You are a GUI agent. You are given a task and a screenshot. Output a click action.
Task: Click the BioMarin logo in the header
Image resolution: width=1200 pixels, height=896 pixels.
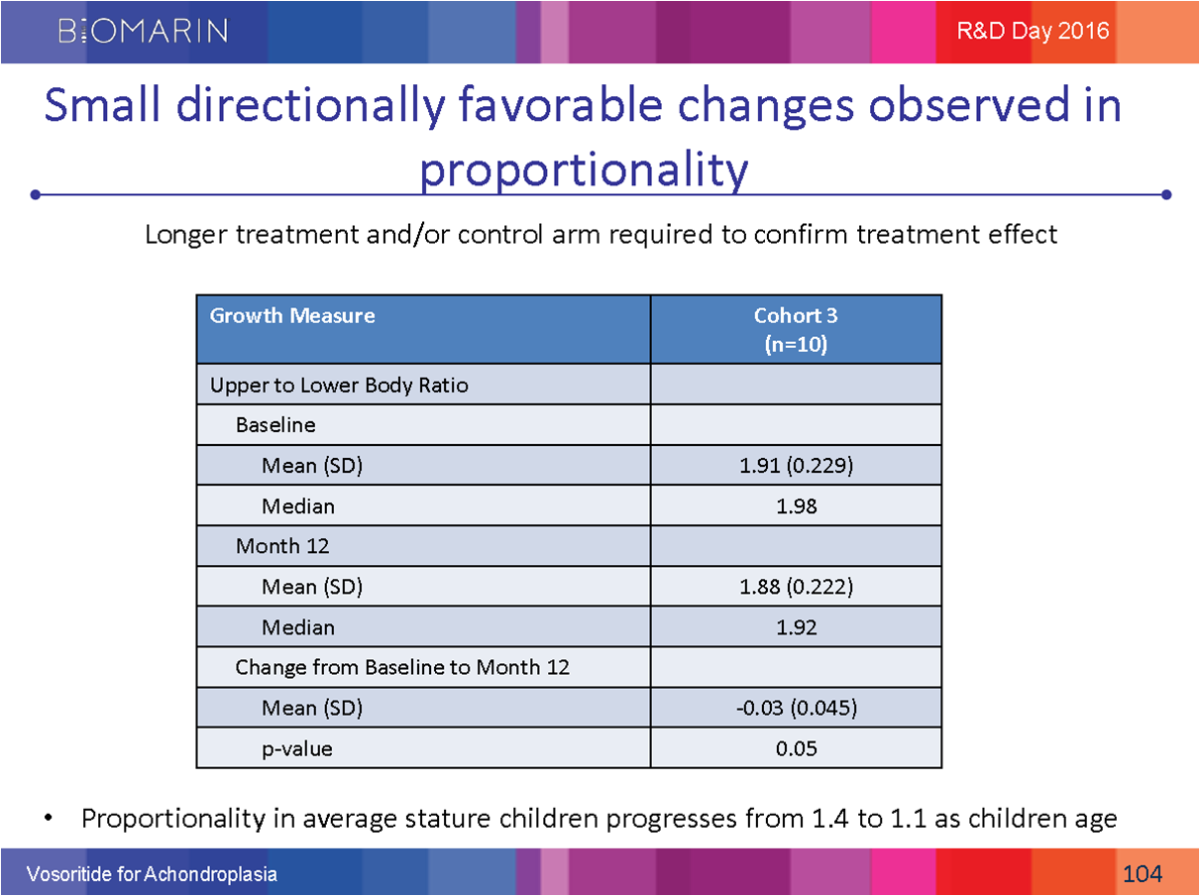tap(144, 31)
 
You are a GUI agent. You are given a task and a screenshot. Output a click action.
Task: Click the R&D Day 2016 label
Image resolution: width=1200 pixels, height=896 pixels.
tap(1033, 31)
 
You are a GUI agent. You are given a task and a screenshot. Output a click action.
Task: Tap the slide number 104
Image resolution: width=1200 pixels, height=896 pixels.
tap(1143, 873)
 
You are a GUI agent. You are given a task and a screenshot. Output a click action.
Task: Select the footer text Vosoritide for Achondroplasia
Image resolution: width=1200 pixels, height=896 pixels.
tap(152, 874)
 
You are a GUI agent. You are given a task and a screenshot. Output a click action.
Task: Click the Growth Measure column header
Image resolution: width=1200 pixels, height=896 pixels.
tap(292, 316)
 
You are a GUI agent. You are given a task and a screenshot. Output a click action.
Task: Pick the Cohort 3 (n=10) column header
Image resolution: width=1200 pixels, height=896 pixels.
tap(796, 329)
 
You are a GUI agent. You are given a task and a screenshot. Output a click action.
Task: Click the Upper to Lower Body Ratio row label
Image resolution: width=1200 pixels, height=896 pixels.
tap(339, 385)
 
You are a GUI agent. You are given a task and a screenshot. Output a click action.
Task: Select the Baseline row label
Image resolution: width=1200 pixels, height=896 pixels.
tap(275, 425)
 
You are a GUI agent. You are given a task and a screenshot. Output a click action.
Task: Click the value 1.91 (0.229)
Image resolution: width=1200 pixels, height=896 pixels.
tap(796, 466)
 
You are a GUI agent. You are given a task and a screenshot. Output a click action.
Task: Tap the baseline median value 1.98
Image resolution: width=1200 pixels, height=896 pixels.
tap(796, 506)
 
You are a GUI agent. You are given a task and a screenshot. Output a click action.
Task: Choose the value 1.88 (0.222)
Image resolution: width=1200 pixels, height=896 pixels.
tap(796, 587)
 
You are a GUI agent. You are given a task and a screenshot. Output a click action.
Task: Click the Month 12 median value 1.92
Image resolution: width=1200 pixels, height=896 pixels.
tap(796, 627)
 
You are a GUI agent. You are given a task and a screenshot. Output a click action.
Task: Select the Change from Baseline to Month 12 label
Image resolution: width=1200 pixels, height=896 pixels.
tap(402, 667)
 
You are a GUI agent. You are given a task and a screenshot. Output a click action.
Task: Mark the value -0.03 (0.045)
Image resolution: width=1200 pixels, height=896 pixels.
tap(796, 708)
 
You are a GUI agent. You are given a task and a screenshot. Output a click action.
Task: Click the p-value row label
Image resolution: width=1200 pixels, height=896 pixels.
tap(297, 748)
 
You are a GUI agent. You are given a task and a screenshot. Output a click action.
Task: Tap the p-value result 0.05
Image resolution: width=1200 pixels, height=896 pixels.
tap(796, 748)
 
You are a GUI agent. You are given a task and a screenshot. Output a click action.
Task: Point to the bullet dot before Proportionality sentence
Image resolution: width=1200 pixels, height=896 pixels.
tap(47, 820)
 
